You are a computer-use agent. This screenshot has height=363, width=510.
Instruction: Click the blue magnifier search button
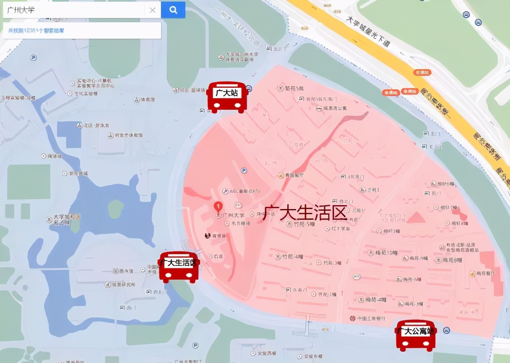(173, 10)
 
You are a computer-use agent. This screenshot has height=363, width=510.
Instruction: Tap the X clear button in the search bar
(153, 10)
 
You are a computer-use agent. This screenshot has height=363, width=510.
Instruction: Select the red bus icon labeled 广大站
(227, 97)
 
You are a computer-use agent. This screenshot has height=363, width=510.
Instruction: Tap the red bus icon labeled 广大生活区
(178, 267)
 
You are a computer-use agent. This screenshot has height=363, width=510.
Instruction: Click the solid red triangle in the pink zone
(416, 217)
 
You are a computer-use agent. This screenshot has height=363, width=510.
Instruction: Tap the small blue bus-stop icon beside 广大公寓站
(447, 330)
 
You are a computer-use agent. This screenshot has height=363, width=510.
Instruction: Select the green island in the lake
(116, 209)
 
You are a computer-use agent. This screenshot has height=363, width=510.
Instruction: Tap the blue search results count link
(36, 31)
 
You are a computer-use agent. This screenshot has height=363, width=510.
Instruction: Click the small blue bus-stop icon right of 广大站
(249, 88)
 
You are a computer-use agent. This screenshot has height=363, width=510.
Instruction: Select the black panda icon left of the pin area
(207, 236)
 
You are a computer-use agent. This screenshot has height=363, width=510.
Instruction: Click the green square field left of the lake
(29, 182)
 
